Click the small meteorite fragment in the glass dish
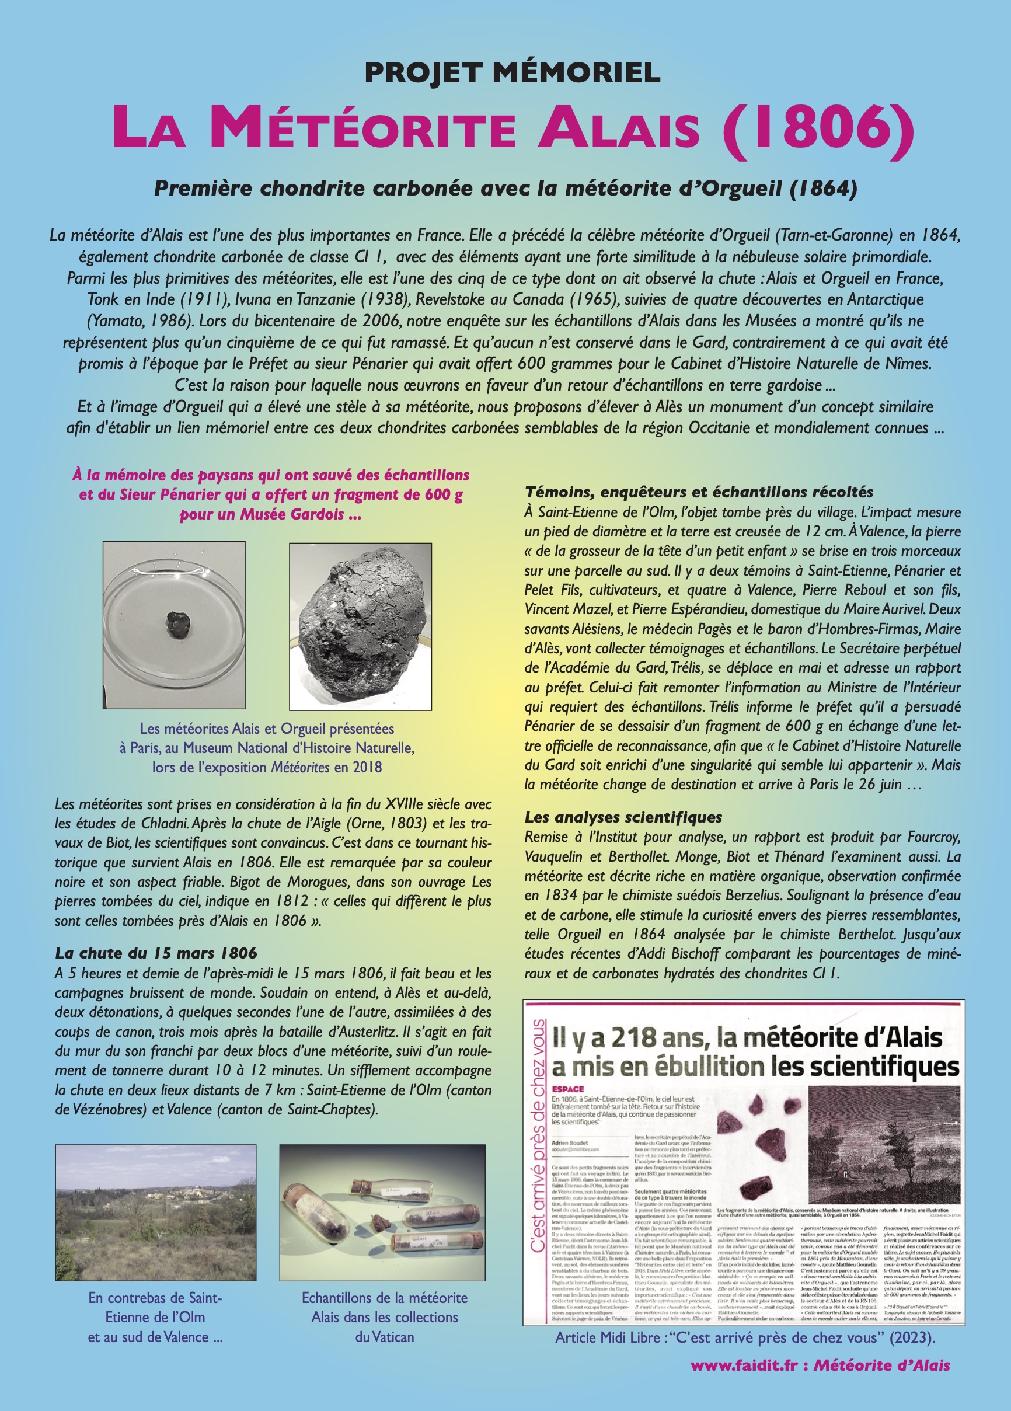[x=176, y=622]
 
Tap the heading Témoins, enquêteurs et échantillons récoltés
[x=699, y=492]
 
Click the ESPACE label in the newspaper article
[x=567, y=1089]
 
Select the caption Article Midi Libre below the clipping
[x=745, y=1355]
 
